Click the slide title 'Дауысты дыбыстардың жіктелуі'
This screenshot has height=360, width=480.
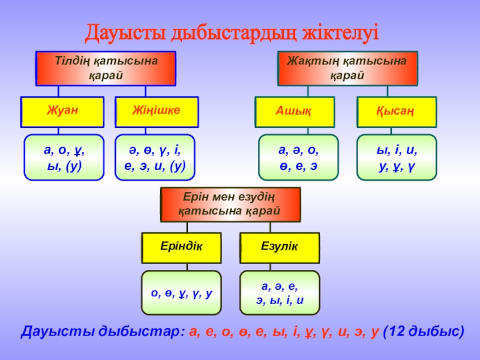232,32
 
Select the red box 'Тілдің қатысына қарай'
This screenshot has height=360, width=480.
106,68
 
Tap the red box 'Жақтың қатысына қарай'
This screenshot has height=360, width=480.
347,68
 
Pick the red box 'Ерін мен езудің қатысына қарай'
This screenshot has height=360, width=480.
230,203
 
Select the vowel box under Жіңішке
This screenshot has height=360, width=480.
155,157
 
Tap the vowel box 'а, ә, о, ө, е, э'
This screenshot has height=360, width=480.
298,157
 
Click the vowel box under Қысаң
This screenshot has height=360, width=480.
397,157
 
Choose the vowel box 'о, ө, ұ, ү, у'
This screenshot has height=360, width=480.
181,293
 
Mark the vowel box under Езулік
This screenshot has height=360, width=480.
279,293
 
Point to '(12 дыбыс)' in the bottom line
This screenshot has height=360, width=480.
424,331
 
